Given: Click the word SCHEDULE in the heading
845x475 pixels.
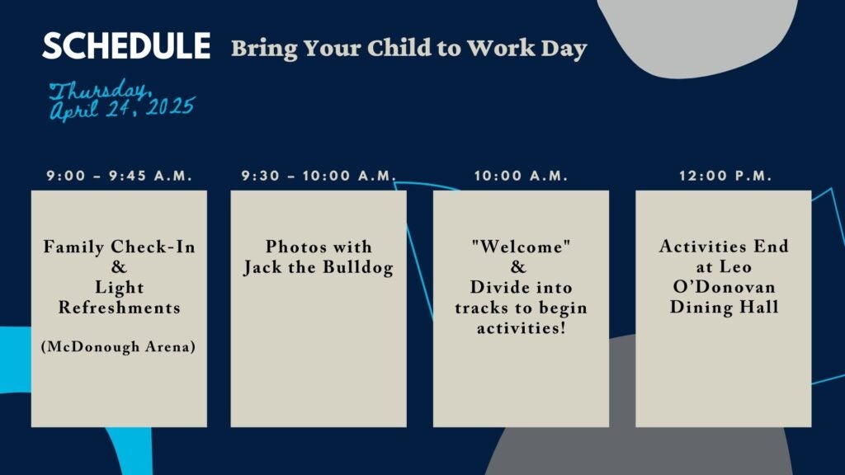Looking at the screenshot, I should click(126, 46).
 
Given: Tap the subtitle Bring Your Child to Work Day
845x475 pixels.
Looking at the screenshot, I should click(408, 48).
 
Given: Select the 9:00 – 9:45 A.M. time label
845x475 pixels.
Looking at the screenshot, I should click(119, 176).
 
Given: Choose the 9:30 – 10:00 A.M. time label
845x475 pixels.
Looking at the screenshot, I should click(319, 176).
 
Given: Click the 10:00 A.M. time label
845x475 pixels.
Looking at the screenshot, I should click(521, 176).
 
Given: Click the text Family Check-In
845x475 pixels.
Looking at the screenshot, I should click(119, 247).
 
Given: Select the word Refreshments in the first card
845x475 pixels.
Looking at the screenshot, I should click(119, 308).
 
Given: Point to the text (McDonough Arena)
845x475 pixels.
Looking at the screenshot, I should click(119, 346).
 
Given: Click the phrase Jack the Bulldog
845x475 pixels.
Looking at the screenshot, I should click(319, 268).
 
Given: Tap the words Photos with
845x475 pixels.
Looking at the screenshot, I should click(319, 247).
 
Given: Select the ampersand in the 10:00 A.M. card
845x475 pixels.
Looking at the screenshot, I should click(518, 267).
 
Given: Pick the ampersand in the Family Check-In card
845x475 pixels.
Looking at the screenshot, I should click(119, 267).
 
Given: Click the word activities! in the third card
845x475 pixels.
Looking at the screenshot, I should click(521, 328).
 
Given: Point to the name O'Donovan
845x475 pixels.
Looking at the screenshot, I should click(724, 287).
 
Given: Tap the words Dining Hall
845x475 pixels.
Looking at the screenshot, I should click(724, 308).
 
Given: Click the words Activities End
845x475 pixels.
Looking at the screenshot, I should click(724, 247).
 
